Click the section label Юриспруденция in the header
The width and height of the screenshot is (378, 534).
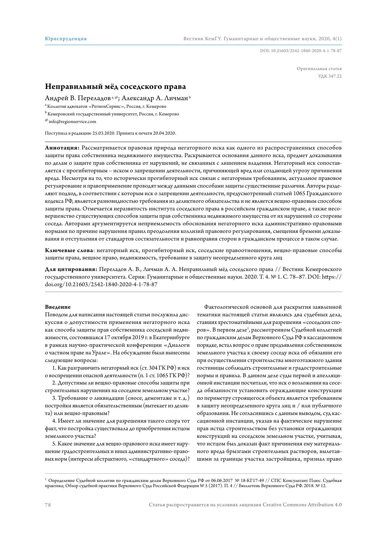66,39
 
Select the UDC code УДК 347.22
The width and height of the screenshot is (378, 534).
330,76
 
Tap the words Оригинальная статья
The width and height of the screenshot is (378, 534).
319,69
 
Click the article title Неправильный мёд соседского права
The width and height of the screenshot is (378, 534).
115,87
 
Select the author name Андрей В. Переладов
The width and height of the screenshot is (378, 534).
78,98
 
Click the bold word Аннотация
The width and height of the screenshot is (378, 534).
62,148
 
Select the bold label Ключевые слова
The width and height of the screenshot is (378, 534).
69,250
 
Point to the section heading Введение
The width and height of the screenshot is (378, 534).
58,307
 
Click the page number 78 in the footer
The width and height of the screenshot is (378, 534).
48,505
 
